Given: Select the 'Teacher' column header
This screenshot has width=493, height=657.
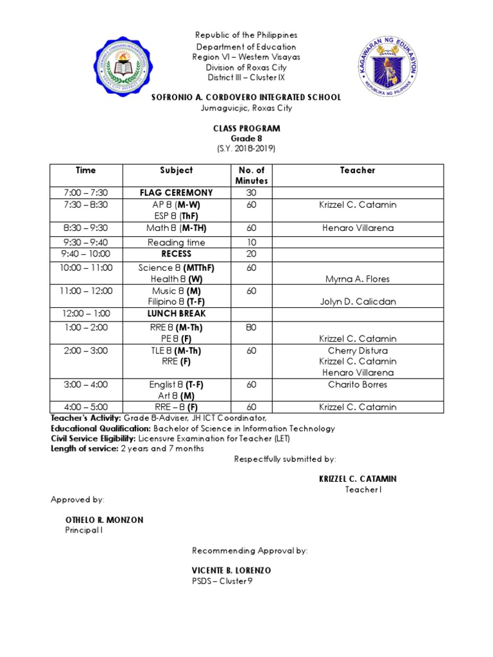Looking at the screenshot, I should click(358, 170).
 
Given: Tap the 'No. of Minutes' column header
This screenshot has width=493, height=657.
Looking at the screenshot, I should click(251, 175).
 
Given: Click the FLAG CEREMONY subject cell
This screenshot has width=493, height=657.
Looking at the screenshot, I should click(177, 192).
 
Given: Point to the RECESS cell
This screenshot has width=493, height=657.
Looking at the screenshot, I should click(177, 254).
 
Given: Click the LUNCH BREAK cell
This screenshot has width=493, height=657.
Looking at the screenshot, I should click(177, 314).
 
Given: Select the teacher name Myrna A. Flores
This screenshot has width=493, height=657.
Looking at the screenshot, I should click(358, 279).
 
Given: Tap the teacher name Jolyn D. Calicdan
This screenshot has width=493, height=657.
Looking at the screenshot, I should click(358, 302).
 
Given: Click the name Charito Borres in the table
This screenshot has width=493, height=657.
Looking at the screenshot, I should click(358, 385).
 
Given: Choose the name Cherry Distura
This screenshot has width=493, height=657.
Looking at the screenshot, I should click(358, 350).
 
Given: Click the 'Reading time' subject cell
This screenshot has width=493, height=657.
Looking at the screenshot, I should click(177, 243).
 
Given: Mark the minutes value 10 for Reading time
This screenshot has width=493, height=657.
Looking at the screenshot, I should click(251, 243).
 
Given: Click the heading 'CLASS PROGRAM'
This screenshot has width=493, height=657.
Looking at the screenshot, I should click(246, 128).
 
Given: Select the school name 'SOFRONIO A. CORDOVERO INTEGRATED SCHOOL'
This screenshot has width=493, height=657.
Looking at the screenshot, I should click(246, 98).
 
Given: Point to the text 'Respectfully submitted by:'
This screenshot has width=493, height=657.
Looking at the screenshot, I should click(284, 459).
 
